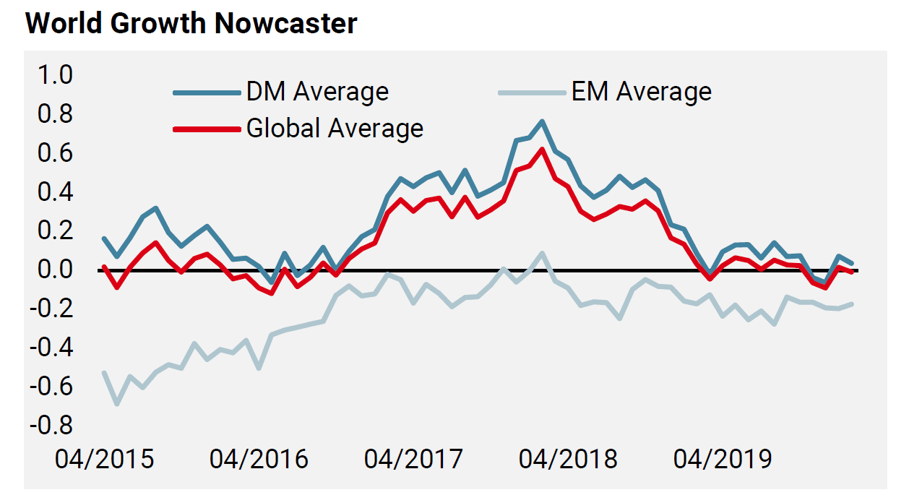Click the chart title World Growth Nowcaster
click(x=191, y=24)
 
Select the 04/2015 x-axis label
click(x=105, y=460)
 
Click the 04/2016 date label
click(x=259, y=460)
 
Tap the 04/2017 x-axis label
click(x=413, y=460)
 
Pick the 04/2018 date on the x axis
click(x=568, y=460)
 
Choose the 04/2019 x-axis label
click(x=723, y=460)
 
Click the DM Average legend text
click(x=317, y=92)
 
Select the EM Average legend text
click(x=641, y=92)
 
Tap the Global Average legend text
click(x=335, y=129)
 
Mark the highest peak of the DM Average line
click(x=542, y=121)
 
